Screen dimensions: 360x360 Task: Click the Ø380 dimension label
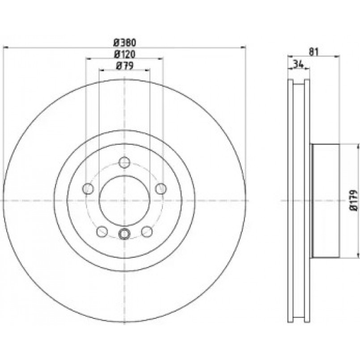point(125,42)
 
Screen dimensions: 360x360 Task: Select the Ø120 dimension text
point(125,55)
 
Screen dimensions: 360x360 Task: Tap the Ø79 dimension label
point(125,66)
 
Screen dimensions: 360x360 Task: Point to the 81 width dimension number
point(314,52)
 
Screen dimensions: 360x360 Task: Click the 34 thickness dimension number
point(298,64)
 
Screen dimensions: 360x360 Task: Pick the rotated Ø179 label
point(354,200)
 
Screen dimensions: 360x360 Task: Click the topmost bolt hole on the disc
point(124,162)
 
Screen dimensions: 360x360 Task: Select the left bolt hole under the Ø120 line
point(88,189)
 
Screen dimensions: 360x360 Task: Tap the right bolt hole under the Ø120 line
point(161,189)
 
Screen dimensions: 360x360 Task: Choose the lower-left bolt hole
point(102,232)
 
